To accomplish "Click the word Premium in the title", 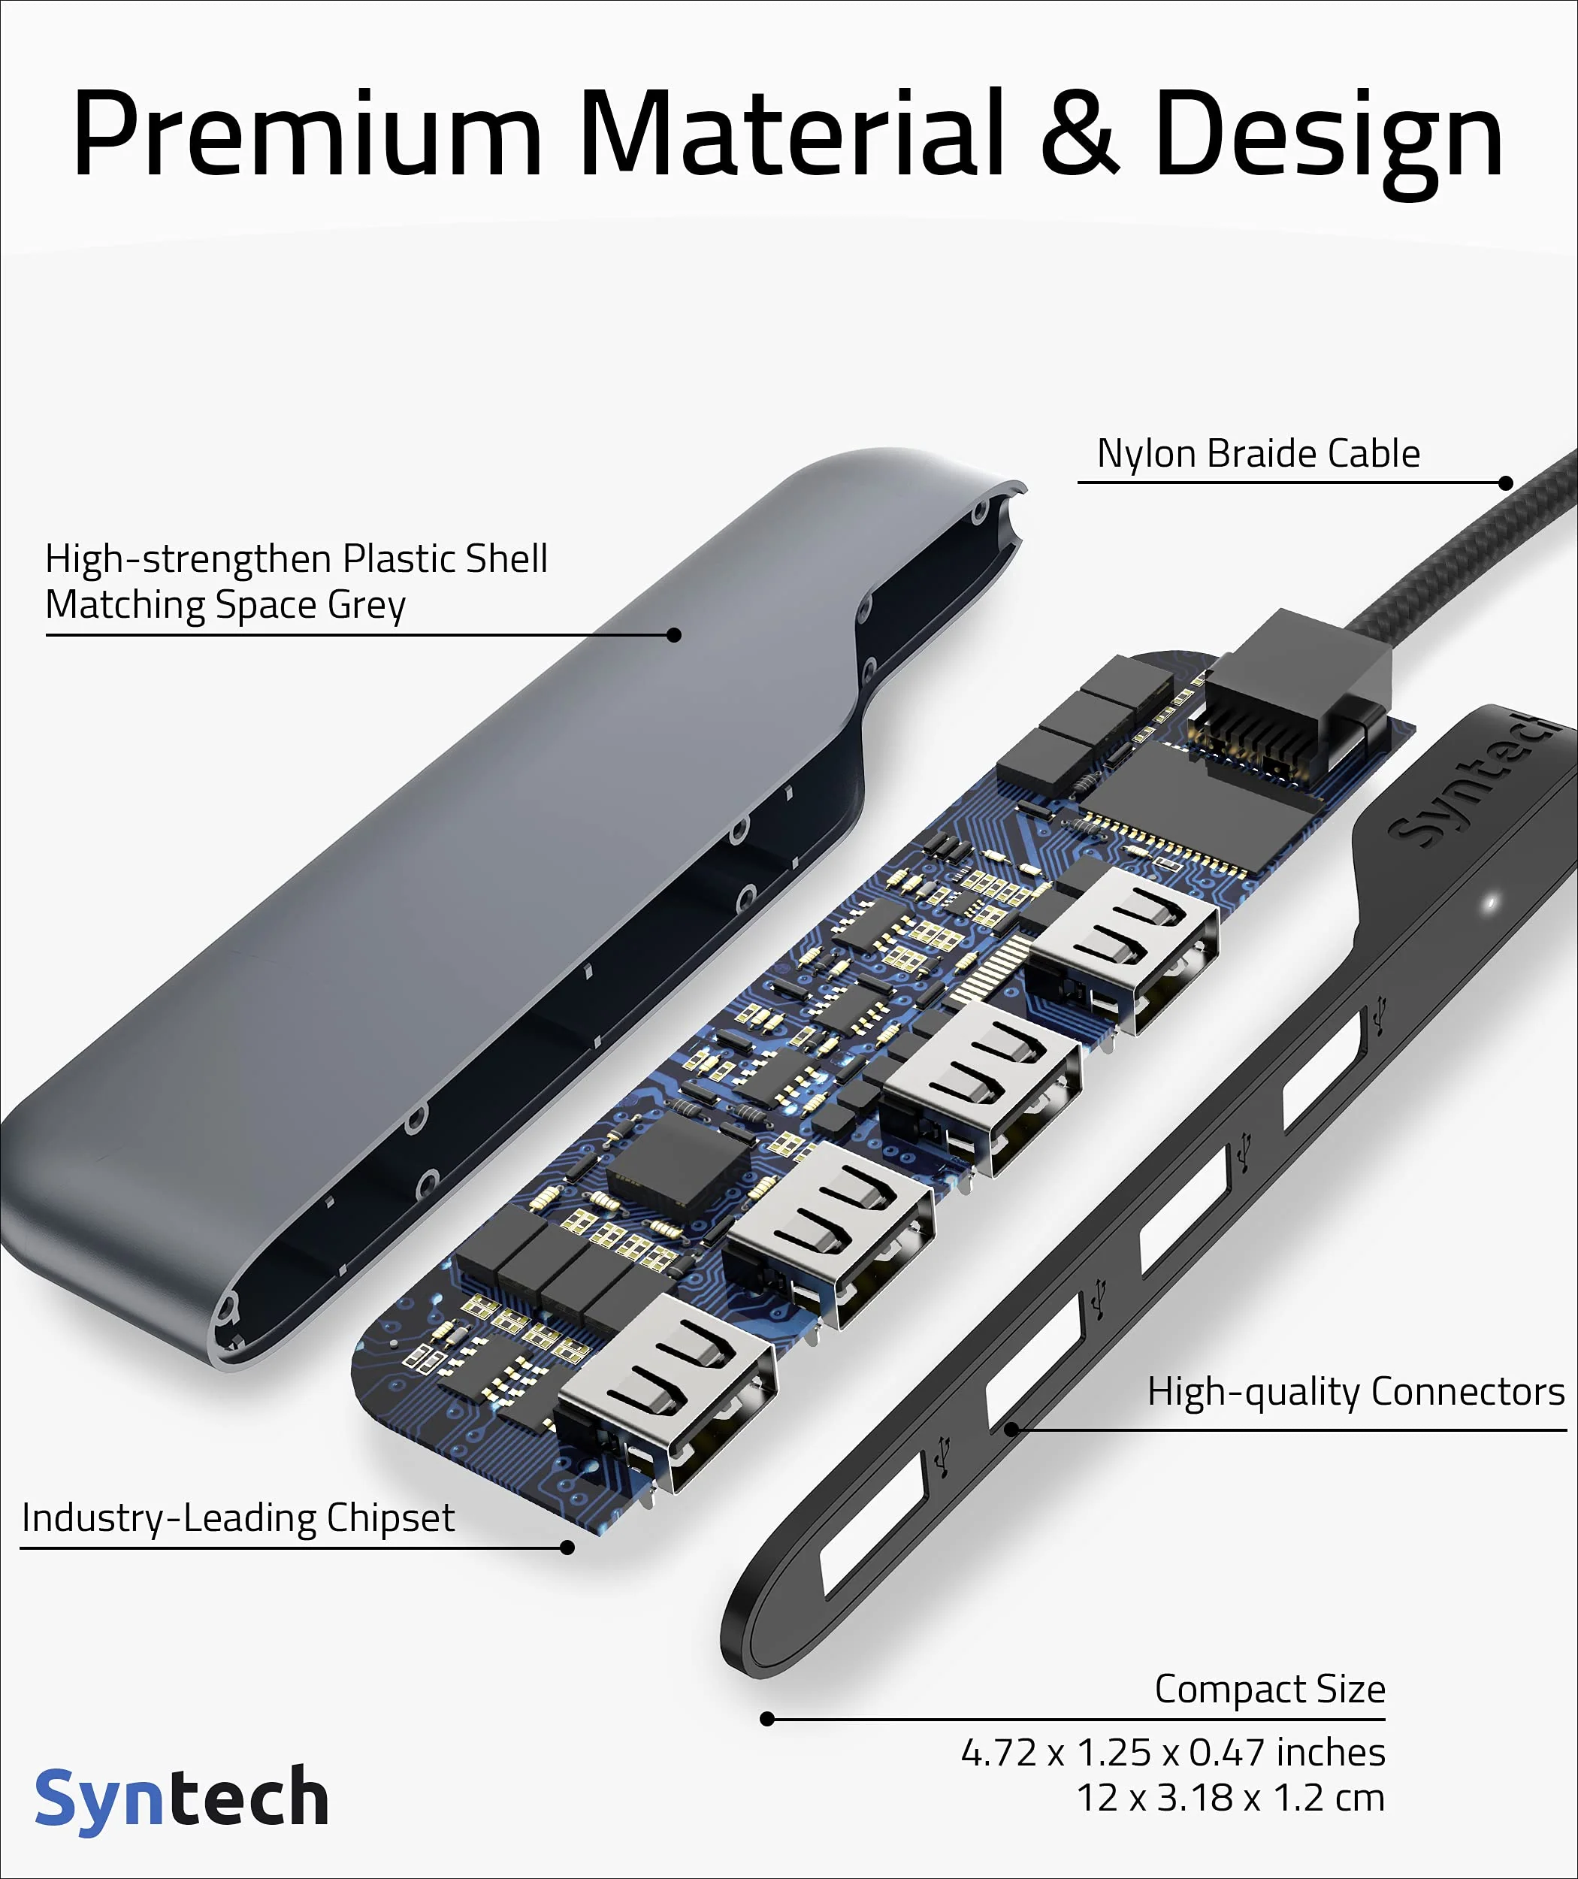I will (307, 135).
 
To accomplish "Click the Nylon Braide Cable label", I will (1258, 454).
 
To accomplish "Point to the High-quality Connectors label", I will (1356, 1392).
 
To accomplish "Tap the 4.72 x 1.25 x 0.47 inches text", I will (1173, 1753).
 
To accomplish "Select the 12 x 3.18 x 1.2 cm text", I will (1230, 1799).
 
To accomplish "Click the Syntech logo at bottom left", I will (182, 1799).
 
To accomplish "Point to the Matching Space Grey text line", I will (225, 606).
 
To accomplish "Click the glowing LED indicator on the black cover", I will (1490, 903).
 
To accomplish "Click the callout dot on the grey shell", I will (676, 635).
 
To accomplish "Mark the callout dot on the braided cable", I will (1507, 483).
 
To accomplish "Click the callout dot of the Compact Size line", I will (766, 1719).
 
